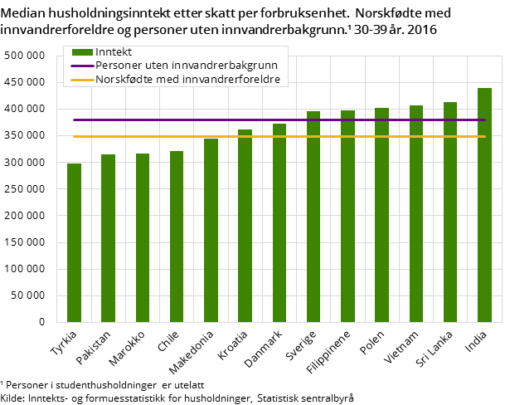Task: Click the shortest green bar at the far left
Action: point(74,242)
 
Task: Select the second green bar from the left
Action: point(108,238)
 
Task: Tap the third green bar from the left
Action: point(143,237)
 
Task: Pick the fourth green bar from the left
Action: point(177,237)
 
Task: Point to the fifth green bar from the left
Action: point(211,230)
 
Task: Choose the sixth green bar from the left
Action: point(245,226)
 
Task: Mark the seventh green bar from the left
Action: point(279,222)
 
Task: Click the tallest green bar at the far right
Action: point(484,205)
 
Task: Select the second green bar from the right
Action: point(450,212)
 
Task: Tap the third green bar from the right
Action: point(416,213)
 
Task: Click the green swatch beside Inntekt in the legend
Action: point(82,52)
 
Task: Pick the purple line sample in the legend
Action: point(82,66)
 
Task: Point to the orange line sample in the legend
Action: point(82,80)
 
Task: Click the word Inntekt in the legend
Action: point(114,52)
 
